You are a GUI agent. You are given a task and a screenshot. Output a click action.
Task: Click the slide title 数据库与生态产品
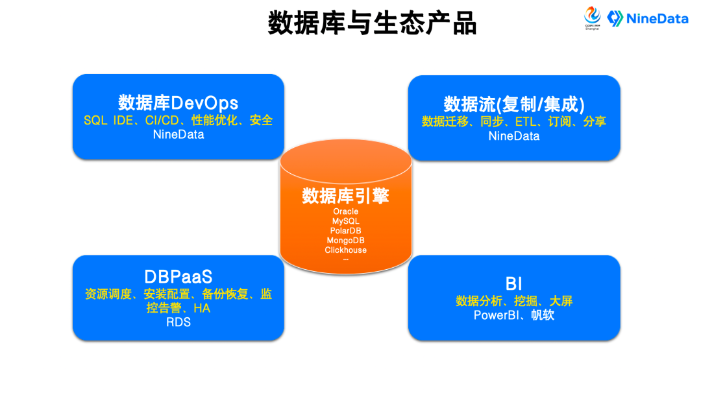coord(372,23)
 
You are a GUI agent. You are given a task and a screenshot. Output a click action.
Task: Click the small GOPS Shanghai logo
coord(593,18)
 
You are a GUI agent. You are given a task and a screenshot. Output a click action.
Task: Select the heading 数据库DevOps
coord(178,102)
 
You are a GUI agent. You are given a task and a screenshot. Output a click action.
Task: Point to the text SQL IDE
coord(108,120)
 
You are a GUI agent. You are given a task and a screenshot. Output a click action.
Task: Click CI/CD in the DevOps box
coord(162,120)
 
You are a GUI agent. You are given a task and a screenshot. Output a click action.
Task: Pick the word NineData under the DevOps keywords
coord(178,135)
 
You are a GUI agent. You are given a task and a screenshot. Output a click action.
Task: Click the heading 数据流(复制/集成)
coord(514,104)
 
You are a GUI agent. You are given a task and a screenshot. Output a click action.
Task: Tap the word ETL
coord(528,121)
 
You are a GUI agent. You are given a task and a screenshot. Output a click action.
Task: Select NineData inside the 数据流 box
coord(514,136)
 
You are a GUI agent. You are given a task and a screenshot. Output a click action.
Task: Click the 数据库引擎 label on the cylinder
coord(345,195)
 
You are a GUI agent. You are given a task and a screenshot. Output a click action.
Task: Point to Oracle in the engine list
coord(345,211)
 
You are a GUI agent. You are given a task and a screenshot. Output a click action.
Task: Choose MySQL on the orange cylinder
coord(345,221)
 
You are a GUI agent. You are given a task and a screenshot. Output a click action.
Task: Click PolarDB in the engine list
coord(345,231)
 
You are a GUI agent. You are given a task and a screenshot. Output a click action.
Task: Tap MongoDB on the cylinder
coord(345,241)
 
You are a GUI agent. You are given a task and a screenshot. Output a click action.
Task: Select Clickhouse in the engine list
coord(345,250)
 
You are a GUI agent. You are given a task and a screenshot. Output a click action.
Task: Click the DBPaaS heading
coord(178,277)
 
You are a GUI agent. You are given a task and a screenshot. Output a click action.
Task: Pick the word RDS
coord(178,322)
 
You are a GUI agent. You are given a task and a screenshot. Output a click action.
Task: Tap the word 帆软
coord(543,316)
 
